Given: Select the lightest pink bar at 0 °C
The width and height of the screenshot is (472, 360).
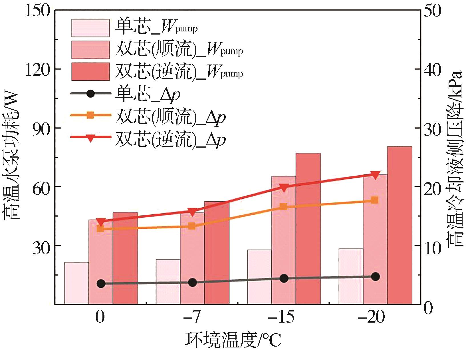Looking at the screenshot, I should (76, 283).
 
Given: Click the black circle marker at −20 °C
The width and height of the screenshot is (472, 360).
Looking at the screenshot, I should (375, 276).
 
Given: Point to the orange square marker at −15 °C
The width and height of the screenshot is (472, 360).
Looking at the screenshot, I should (283, 206).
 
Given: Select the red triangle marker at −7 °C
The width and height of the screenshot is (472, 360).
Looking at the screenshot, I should (192, 212).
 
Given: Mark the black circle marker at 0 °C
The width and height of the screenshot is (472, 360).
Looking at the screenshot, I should (101, 283).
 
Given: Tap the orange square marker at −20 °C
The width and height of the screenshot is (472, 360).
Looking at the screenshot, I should (375, 200).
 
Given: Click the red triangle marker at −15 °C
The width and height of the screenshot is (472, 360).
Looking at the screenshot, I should (283, 188).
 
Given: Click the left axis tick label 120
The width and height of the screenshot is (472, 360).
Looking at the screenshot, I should (38, 69).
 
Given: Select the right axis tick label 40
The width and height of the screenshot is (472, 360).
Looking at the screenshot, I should (432, 69).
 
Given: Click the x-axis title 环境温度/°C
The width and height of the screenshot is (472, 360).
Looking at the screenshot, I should (233, 339).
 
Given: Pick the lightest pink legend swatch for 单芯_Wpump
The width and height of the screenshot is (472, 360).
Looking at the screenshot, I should (90, 28).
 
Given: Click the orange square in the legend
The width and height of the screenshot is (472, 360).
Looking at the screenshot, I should (90, 115).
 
